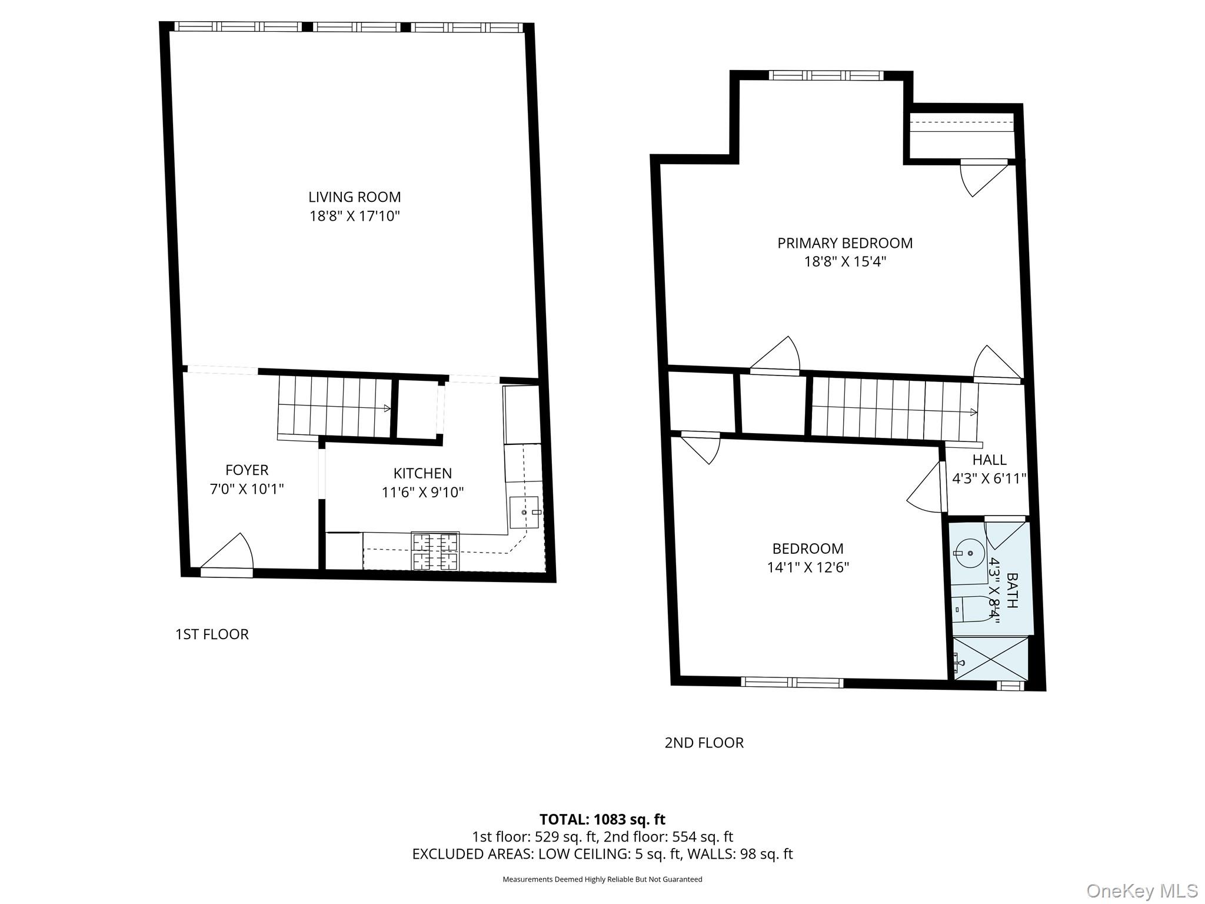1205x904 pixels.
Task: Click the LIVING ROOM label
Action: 354,197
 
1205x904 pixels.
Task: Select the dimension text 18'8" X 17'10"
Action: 354,216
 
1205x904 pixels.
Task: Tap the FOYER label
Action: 247,470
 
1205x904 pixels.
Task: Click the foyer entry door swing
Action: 230,553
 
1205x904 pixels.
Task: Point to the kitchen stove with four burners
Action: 435,551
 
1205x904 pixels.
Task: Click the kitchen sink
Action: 524,512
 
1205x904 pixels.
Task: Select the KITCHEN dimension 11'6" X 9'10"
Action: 422,492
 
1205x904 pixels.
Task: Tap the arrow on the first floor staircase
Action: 387,408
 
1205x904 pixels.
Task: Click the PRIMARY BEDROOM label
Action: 845,243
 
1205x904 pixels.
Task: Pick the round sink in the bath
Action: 968,553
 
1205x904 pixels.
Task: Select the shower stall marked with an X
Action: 990,659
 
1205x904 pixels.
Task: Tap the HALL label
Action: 989,460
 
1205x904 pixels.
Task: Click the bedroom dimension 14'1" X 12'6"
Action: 808,567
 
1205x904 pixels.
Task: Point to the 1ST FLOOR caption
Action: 212,634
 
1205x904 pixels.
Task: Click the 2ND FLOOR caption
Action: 704,743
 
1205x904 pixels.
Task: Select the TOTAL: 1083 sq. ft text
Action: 602,819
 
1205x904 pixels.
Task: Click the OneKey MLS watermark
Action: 1141,890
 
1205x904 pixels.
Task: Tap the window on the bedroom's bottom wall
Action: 791,682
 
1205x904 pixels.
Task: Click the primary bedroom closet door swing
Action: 980,176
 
